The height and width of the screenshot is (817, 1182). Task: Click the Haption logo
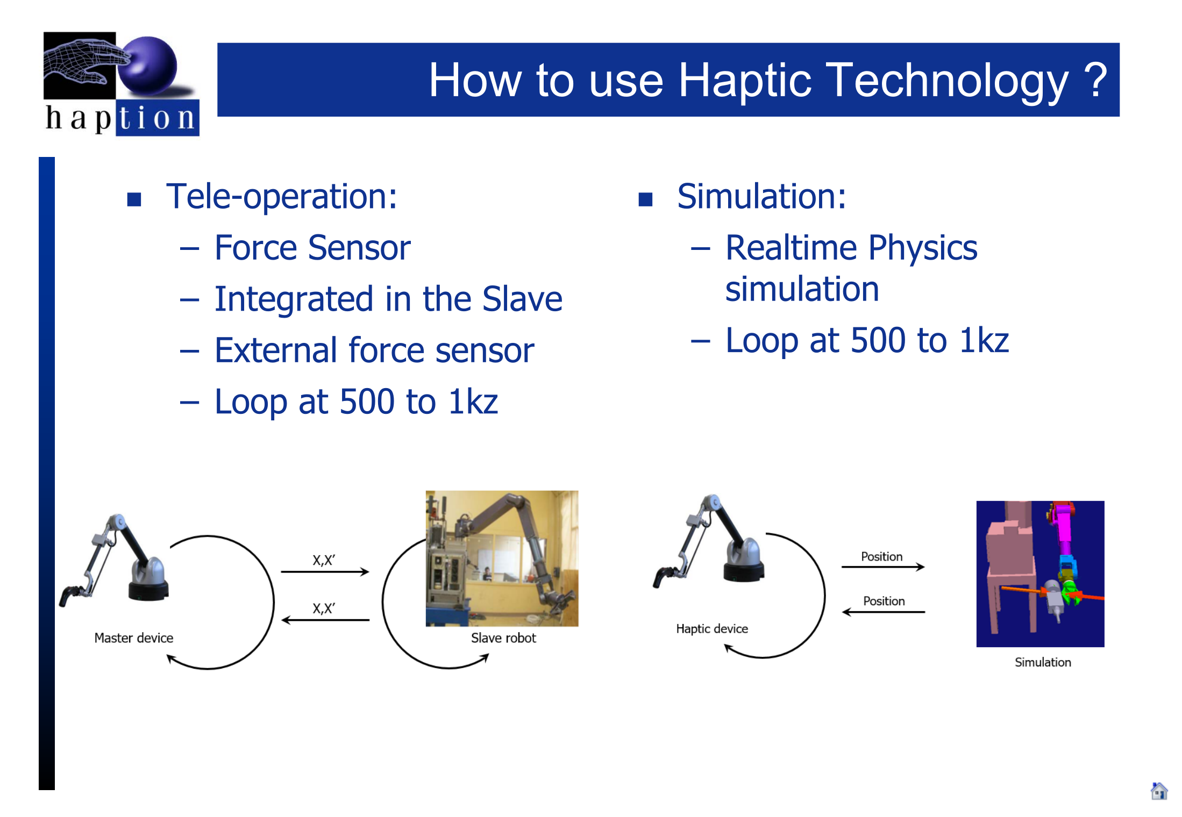click(x=121, y=83)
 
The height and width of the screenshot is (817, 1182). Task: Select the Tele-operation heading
click(x=281, y=196)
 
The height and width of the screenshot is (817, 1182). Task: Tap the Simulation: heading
click(x=761, y=196)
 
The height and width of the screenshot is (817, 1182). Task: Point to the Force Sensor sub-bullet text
click(x=312, y=248)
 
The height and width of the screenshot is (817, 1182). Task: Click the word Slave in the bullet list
click(x=522, y=299)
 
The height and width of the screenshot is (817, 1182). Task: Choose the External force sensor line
click(x=374, y=350)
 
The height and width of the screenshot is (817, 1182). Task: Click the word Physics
click(x=923, y=248)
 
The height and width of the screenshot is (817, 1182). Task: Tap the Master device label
click(x=134, y=638)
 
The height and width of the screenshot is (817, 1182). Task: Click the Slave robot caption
click(x=503, y=638)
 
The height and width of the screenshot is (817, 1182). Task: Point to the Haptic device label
click(x=712, y=629)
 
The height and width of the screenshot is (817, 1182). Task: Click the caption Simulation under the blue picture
click(x=1043, y=662)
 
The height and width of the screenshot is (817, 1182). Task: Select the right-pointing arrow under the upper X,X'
click(x=325, y=571)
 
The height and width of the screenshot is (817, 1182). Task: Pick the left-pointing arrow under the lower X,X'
click(x=325, y=620)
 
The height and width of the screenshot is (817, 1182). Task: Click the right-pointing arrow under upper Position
click(x=883, y=567)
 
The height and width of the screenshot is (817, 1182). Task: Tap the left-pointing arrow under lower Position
click(x=884, y=612)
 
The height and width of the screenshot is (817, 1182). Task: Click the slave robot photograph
click(x=502, y=558)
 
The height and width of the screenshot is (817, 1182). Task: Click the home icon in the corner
click(x=1159, y=791)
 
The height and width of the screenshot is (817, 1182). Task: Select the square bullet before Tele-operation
click(x=134, y=199)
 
